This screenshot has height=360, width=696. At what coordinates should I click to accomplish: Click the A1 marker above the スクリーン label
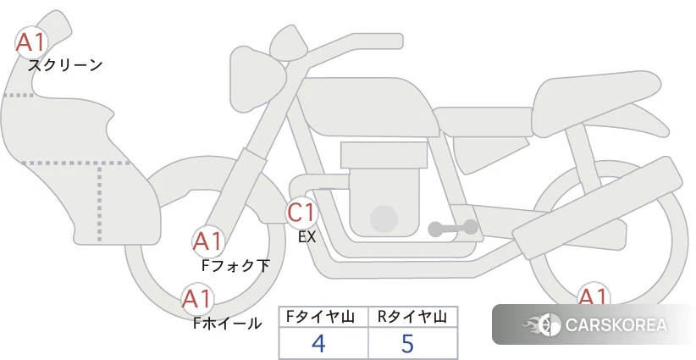[x=31, y=42]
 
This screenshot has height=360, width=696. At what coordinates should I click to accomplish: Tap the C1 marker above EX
[x=301, y=212]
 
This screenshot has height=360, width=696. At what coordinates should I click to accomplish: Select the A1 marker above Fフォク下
[x=208, y=241]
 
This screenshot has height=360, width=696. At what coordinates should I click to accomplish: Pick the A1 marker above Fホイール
[x=197, y=299]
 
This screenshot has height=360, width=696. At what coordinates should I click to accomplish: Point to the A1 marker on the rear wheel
[x=593, y=294]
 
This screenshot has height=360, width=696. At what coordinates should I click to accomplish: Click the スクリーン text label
[x=65, y=66]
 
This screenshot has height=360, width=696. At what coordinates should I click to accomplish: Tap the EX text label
[x=307, y=237]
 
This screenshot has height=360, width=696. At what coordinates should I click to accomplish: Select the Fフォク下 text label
[x=235, y=265]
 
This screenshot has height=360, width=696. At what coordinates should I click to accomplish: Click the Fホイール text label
[x=227, y=324]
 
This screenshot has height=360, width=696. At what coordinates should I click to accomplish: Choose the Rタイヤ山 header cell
[x=413, y=317]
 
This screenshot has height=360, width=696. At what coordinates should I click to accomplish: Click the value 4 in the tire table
[x=318, y=343]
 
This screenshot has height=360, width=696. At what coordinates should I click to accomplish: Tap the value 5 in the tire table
[x=407, y=343]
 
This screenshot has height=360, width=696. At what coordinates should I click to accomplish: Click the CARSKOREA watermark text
[x=616, y=325]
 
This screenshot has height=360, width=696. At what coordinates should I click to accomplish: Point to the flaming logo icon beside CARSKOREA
[x=542, y=324]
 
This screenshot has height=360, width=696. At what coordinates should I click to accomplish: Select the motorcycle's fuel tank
[x=365, y=107]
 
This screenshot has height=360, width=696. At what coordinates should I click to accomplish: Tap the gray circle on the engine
[x=384, y=219]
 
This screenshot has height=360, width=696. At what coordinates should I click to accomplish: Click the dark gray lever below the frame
[x=453, y=228]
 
